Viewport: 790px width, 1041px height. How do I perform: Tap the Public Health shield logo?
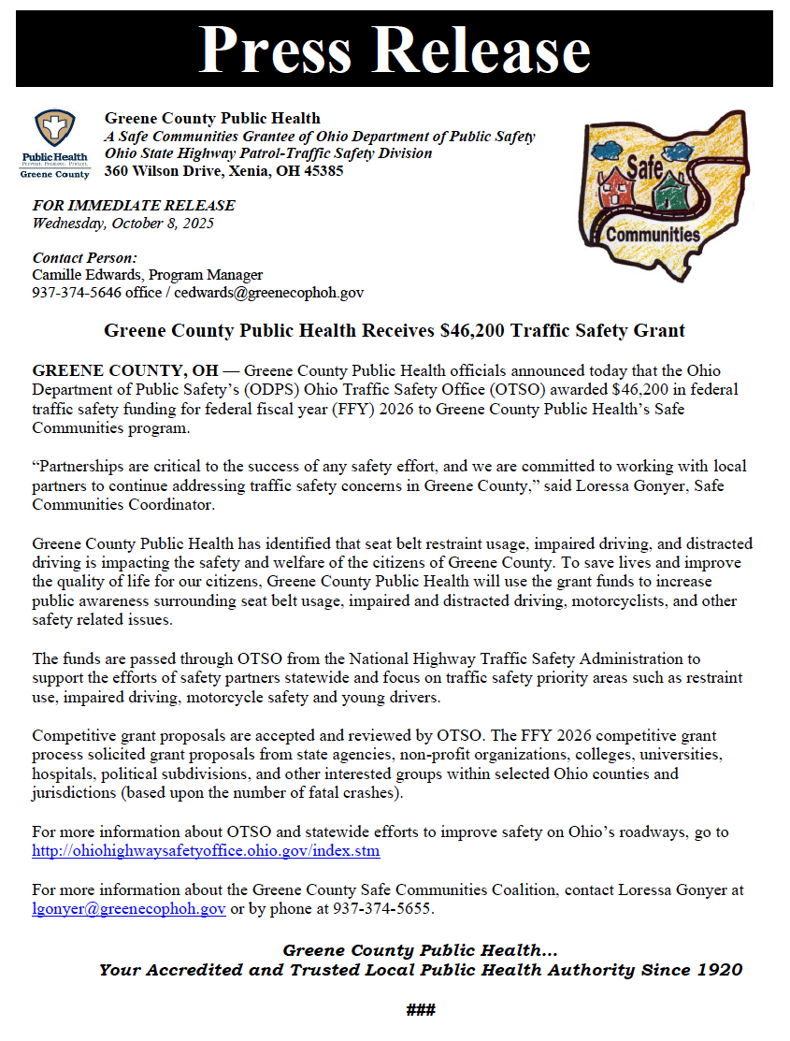(55, 128)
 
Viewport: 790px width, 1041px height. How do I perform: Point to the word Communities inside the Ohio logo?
(653, 235)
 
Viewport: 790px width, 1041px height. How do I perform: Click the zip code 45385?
(323, 171)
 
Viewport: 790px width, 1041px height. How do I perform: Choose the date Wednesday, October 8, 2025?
(123, 223)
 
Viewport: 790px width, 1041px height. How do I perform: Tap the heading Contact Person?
(85, 257)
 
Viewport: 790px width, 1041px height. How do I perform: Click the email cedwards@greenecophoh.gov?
(286, 293)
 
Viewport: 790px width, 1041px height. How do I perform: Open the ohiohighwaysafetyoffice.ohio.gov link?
(206, 851)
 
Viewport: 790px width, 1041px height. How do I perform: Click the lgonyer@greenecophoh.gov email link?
(129, 909)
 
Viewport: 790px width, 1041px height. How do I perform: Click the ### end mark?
(421, 1010)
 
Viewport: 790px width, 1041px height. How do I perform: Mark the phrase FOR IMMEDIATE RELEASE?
(134, 206)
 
